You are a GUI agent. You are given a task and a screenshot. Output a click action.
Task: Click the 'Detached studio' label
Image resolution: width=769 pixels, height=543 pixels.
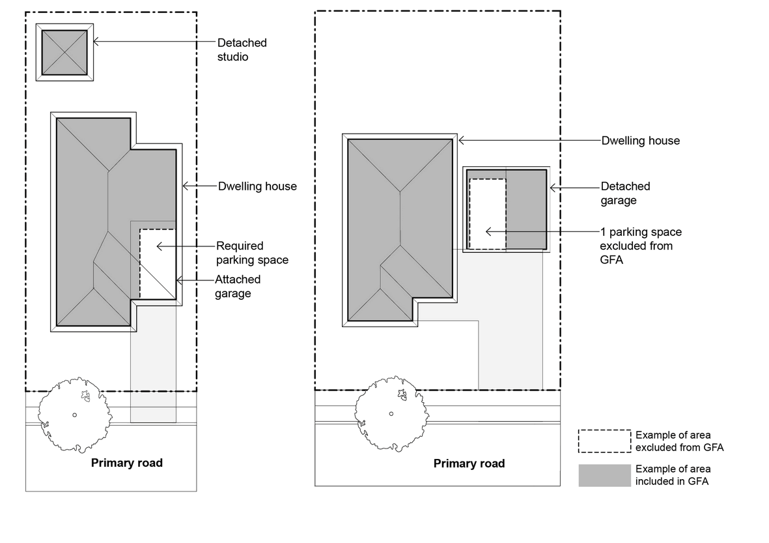click(242, 50)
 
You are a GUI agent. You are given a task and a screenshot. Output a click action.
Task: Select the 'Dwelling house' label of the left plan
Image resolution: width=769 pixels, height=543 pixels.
click(257, 186)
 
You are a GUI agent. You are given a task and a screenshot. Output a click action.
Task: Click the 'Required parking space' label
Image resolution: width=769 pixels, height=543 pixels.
click(252, 253)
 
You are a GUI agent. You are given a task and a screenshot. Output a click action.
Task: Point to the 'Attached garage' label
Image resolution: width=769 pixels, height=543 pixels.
click(238, 286)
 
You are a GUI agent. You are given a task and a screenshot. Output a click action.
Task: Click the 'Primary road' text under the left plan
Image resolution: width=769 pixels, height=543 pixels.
click(126, 463)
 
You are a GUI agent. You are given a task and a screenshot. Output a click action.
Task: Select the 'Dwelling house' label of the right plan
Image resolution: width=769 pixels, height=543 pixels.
click(640, 140)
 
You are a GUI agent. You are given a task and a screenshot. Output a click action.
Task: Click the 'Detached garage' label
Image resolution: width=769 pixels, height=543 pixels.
click(625, 193)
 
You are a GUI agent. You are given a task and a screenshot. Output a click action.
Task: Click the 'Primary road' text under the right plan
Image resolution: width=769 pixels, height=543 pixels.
click(469, 463)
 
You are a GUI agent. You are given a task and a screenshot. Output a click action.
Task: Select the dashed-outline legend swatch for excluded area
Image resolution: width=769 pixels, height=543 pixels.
click(604, 441)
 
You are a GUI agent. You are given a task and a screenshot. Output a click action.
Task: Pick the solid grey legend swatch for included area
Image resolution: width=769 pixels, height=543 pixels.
click(604, 475)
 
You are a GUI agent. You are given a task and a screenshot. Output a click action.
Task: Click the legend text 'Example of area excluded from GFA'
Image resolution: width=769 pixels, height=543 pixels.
click(679, 441)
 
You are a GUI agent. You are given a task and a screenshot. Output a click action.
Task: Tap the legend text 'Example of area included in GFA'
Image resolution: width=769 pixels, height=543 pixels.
click(673, 475)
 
